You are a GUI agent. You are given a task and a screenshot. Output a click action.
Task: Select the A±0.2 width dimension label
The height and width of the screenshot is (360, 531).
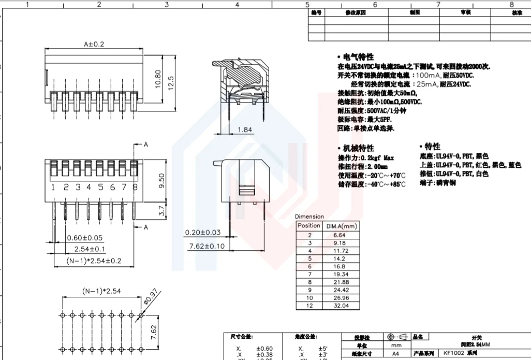click(x=94, y=45)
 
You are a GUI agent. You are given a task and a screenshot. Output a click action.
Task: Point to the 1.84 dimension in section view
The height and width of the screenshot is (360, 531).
click(x=245, y=129)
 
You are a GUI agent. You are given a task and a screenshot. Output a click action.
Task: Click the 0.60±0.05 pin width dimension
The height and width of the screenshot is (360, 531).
click(x=84, y=238)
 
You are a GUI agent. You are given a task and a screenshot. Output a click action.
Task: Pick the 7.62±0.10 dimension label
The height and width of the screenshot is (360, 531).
click(x=207, y=246)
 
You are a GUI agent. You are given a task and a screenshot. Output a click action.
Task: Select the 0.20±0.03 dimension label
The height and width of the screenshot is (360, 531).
click(x=202, y=233)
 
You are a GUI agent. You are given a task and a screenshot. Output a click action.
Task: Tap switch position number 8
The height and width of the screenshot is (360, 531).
click(x=135, y=187)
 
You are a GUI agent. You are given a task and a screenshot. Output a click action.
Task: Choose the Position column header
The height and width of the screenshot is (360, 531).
click(x=309, y=226)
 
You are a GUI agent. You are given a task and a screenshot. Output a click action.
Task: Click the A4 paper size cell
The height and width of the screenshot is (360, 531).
click(x=395, y=353)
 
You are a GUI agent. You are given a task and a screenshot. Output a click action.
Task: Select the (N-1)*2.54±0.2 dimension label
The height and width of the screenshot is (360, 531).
click(x=94, y=261)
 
